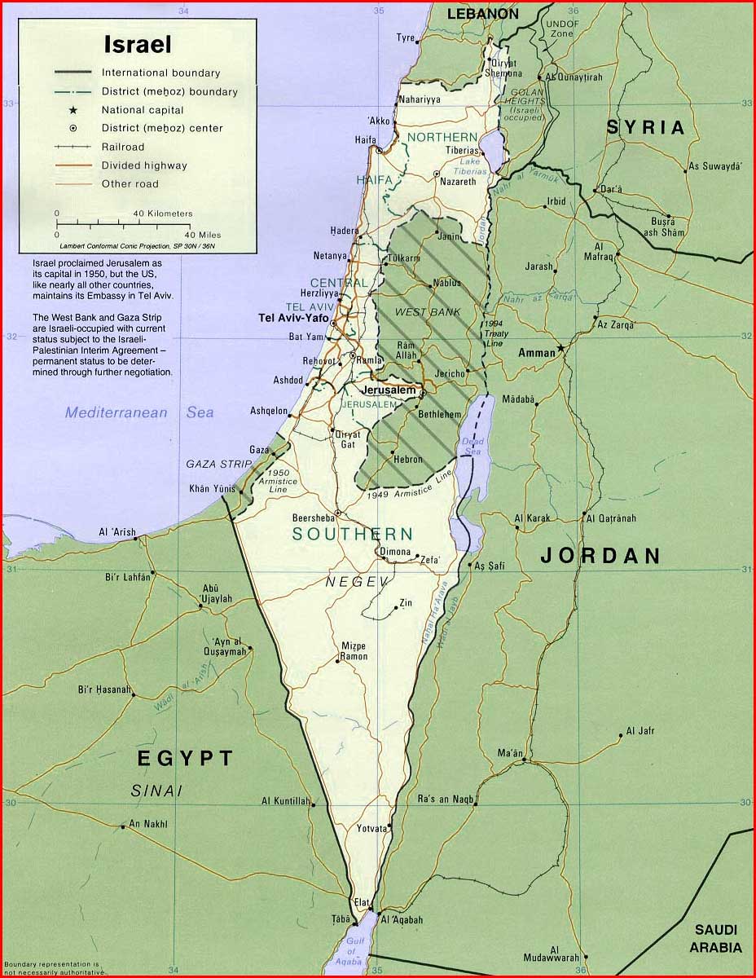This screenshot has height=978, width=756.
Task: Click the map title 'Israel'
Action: tap(137, 44)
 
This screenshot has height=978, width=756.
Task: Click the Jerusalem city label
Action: tap(389, 390)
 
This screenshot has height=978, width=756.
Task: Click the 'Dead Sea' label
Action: tap(472, 446)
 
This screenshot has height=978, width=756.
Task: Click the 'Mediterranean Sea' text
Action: tap(139, 412)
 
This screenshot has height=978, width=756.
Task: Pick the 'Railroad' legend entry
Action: tap(122, 147)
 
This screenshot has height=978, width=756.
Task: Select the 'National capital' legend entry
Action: tap(143, 110)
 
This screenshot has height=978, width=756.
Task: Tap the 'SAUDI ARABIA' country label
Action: tap(715, 938)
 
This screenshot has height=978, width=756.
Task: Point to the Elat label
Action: tap(363, 902)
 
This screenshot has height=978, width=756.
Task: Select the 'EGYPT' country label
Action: tap(185, 759)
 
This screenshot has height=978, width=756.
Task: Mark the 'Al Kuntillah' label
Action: tap(285, 801)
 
